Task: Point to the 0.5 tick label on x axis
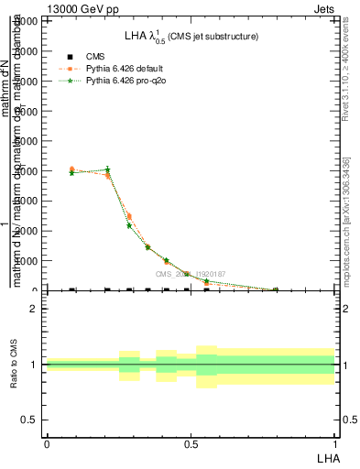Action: (191, 443)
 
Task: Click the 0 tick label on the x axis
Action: (46, 443)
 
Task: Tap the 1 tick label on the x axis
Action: (334, 443)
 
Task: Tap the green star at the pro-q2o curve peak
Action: (108, 169)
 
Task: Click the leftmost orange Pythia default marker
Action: (71, 169)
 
